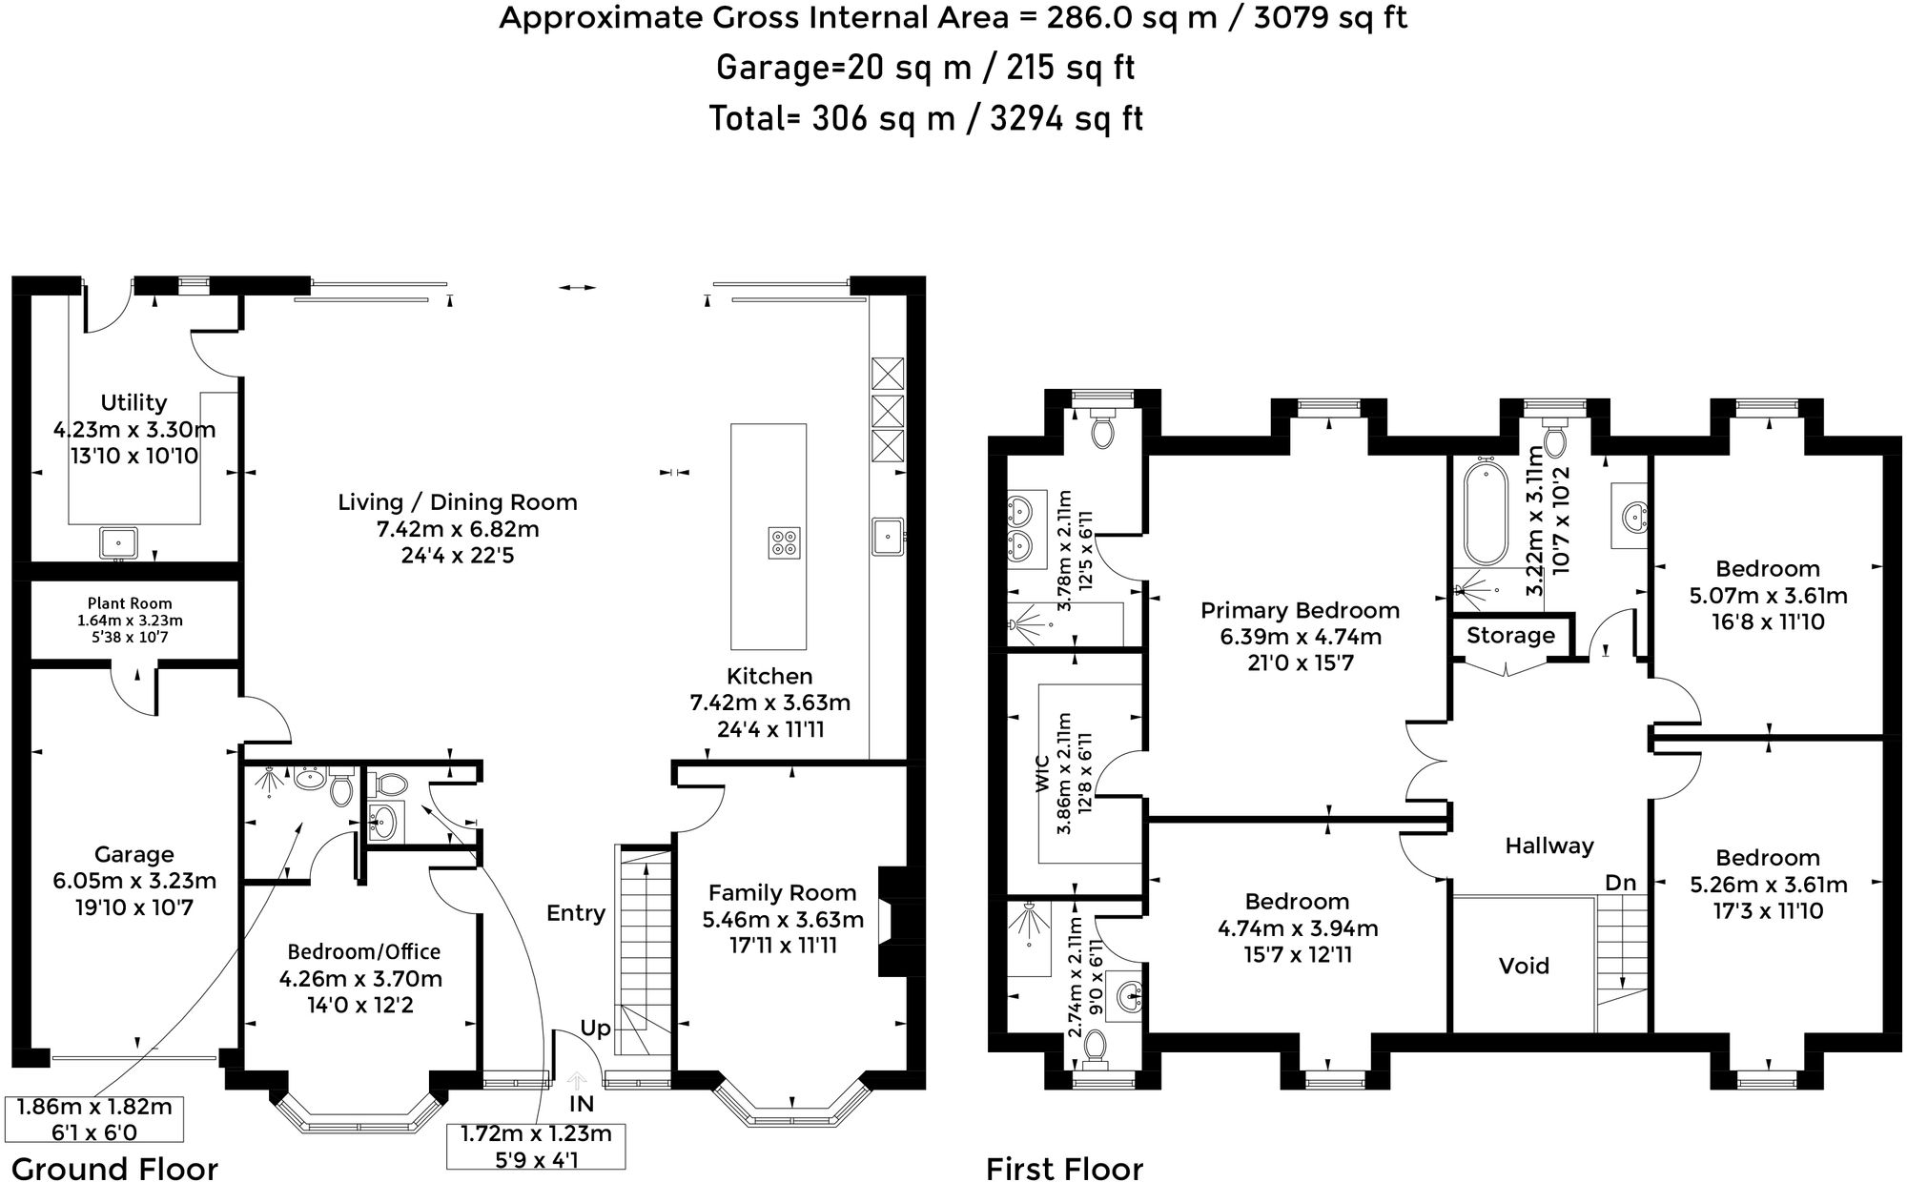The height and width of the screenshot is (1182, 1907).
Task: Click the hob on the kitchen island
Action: pyautogui.click(x=784, y=542)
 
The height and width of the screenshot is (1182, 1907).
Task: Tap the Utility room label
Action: pyautogui.click(x=133, y=402)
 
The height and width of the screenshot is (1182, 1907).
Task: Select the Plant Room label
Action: pyautogui.click(x=130, y=602)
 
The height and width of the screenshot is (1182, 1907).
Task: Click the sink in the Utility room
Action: pyautogui.click(x=118, y=542)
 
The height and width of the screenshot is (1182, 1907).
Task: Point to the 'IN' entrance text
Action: pyautogui.click(x=582, y=1104)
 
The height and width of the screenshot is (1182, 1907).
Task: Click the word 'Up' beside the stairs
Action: pyautogui.click(x=595, y=1028)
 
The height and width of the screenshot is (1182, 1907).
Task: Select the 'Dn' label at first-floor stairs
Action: pyautogui.click(x=1620, y=883)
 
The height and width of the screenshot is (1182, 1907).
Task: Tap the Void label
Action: pyautogui.click(x=1524, y=966)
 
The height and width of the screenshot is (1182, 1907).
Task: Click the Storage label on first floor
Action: pyautogui.click(x=1510, y=635)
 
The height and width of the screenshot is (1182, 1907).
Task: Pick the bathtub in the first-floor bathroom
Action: pyautogui.click(x=1483, y=513)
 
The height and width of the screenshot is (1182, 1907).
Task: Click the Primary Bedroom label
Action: pyautogui.click(x=1300, y=610)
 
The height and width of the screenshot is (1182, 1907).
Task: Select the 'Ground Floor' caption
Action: pyautogui.click(x=114, y=1168)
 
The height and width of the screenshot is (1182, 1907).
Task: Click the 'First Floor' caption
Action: pyautogui.click(x=1064, y=1168)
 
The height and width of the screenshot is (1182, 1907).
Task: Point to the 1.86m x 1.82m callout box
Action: pyautogui.click(x=94, y=1119)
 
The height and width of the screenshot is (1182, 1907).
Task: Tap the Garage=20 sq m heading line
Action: pyautogui.click(x=925, y=68)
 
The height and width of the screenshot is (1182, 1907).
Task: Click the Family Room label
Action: pyautogui.click(x=782, y=893)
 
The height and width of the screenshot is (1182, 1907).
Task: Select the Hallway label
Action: pyautogui.click(x=1548, y=845)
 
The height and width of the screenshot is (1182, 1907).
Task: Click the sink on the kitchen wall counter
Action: pyautogui.click(x=887, y=536)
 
